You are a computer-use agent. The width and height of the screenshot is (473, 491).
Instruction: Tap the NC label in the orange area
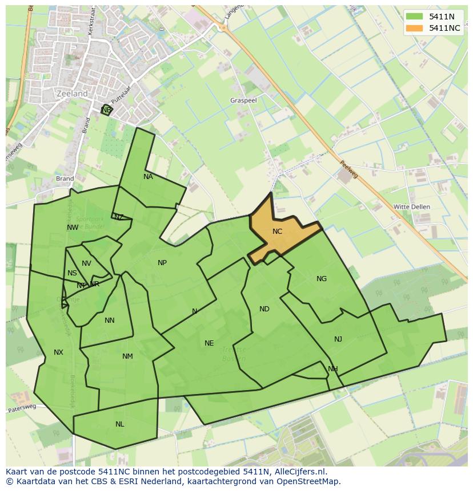[277, 232]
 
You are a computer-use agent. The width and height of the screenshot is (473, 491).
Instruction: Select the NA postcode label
[148, 177]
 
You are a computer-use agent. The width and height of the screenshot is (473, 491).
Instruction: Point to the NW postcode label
[73, 228]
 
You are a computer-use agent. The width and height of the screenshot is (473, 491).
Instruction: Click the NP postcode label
[162, 263]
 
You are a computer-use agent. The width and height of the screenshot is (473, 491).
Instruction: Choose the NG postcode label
[322, 279]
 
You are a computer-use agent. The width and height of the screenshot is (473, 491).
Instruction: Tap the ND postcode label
[264, 309]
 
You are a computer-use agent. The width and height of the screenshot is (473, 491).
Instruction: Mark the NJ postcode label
[338, 339]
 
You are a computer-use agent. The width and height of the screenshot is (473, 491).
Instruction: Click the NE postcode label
[209, 343]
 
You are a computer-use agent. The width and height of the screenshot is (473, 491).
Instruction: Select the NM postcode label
[127, 356]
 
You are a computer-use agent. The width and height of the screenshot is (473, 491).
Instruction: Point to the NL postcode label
[119, 424]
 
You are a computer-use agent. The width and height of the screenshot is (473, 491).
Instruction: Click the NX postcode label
[58, 352]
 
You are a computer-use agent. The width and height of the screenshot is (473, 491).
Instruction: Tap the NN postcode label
[110, 320]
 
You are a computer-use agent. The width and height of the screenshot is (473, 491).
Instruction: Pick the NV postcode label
[86, 263]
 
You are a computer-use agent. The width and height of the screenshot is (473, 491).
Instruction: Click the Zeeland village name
[73, 94]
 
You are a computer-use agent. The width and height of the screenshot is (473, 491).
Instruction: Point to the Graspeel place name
[244, 100]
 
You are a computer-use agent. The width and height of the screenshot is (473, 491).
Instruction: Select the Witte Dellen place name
[412, 206]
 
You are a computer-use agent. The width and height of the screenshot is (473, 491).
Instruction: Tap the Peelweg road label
[349, 168]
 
